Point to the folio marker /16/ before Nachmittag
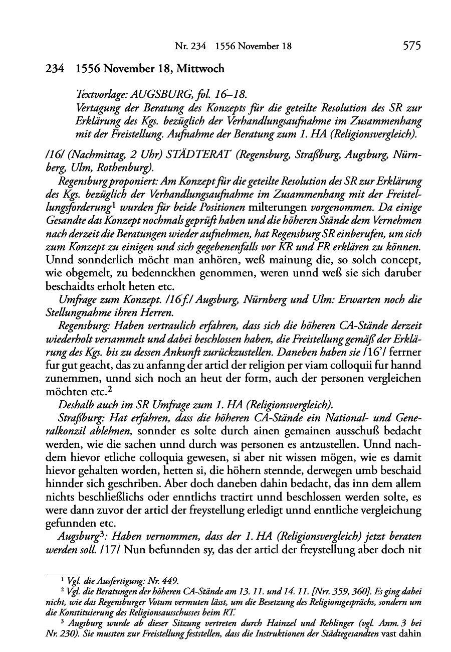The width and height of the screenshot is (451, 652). pos(53,143)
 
